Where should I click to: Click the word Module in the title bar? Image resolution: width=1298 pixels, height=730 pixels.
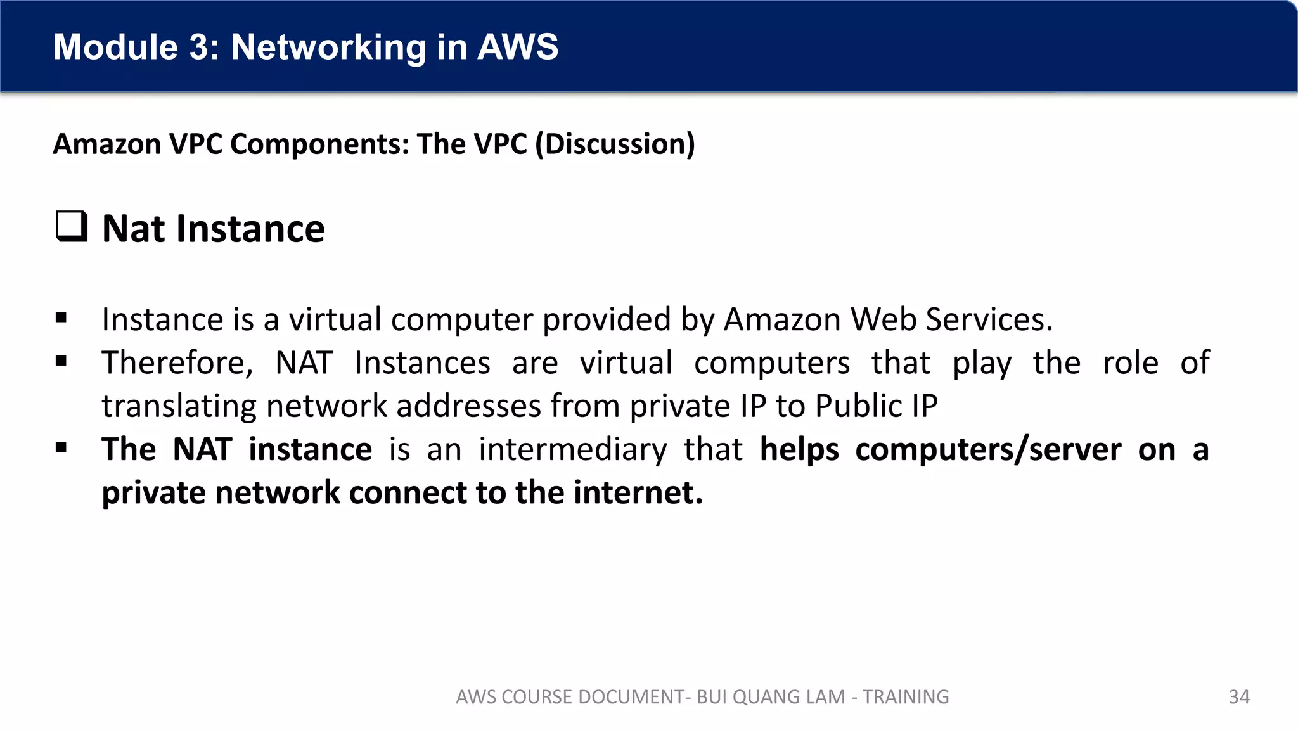click(116, 47)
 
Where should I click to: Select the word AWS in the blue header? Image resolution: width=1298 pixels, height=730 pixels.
click(518, 47)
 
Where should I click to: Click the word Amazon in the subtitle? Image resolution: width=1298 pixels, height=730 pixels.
click(107, 144)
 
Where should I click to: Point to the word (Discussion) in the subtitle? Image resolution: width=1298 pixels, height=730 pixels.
click(615, 144)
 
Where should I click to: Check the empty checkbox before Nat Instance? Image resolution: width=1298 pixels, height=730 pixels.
click(72, 226)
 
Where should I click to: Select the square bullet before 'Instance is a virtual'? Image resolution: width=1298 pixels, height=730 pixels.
click(61, 318)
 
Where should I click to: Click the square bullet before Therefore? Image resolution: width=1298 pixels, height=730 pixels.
click(61, 362)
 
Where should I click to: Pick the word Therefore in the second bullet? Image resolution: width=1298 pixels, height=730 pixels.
click(177, 363)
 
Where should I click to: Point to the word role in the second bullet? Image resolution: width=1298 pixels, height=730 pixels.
click(1130, 363)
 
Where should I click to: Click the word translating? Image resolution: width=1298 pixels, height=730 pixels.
click(179, 406)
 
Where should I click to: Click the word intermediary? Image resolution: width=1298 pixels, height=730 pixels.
click(573, 450)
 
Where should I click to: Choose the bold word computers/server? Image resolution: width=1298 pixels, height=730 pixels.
click(988, 450)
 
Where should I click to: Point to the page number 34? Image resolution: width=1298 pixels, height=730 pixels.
click(1239, 697)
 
